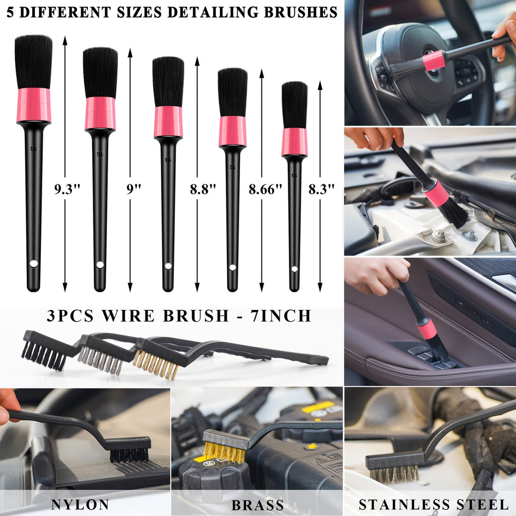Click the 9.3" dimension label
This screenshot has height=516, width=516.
(x=68, y=190)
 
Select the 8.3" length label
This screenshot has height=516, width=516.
(x=321, y=190)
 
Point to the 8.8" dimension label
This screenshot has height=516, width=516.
(x=203, y=190)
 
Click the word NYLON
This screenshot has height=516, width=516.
(x=80, y=504)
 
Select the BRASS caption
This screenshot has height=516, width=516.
(x=257, y=504)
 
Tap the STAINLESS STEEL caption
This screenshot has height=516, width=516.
(x=433, y=504)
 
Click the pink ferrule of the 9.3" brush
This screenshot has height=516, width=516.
(x=34, y=105)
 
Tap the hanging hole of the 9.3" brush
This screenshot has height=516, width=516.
(x=34, y=263)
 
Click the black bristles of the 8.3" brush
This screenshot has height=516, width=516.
(x=294, y=105)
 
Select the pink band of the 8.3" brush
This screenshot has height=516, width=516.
(x=294, y=142)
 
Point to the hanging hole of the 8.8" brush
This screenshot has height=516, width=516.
(x=168, y=266)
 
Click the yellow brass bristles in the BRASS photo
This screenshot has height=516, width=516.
(x=224, y=452)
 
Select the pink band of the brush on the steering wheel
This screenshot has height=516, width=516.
(x=434, y=60)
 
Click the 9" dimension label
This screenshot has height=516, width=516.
(x=134, y=190)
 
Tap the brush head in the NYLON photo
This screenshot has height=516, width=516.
(x=130, y=449)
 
